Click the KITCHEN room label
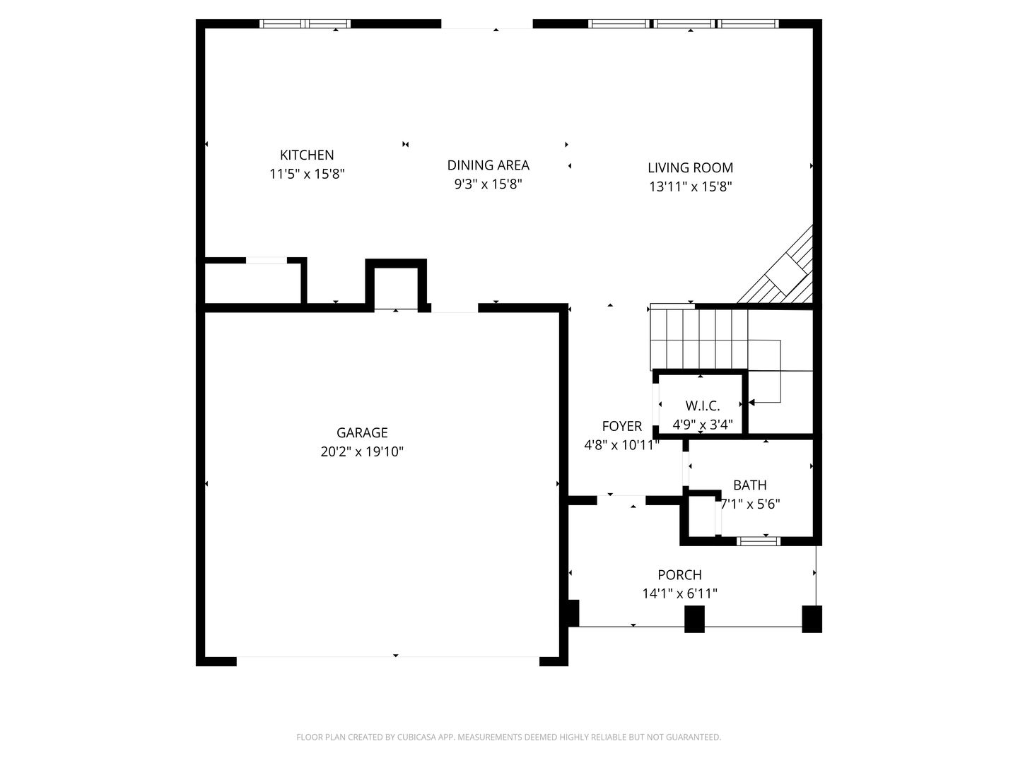coord(307,155)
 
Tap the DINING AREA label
coord(488,165)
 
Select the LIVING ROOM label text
coord(690,167)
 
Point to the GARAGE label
coord(362,432)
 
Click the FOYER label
coord(621,426)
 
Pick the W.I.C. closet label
coord(703,406)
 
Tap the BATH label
coord(749,485)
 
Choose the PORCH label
coord(679,574)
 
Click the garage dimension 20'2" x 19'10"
coord(362,451)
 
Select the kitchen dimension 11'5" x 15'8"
coord(307,174)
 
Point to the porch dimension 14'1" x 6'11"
coord(679,593)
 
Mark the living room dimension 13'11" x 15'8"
coord(690,187)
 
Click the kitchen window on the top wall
coord(305,23)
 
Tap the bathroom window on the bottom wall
coord(759,540)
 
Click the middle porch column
coord(694,619)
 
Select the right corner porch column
coord(812,619)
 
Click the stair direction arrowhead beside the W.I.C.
coord(751,402)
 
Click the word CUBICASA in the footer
coord(416,737)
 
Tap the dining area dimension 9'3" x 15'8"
coord(488,184)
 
